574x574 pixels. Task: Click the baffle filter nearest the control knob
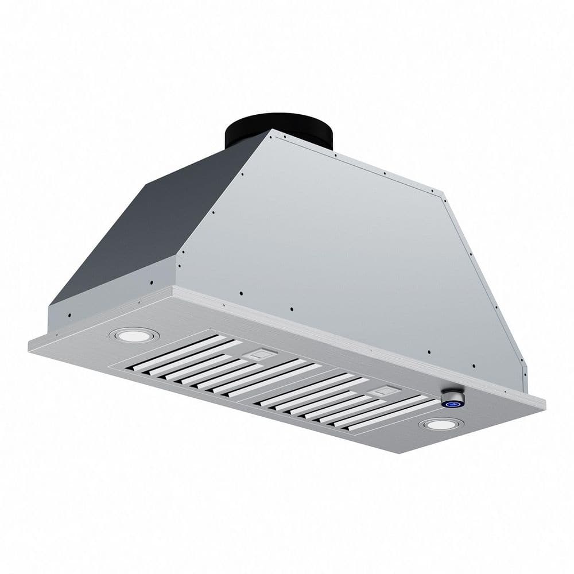339,402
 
